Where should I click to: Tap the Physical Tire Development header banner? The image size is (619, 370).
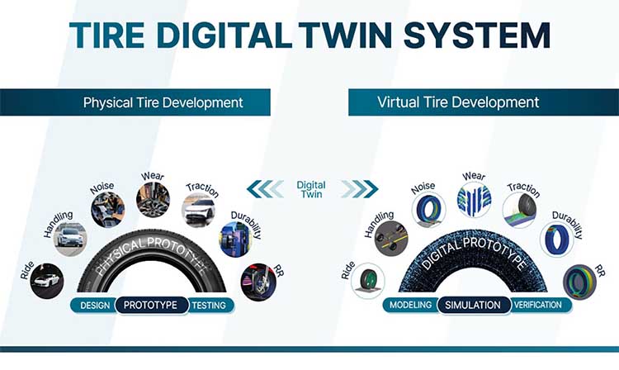(135, 102)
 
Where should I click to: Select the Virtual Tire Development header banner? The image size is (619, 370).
(484, 102)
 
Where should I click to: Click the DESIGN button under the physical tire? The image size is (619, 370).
(95, 306)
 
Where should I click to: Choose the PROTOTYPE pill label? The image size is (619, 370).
(151, 305)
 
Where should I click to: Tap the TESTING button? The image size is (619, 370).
(210, 306)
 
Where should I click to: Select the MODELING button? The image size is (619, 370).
(411, 305)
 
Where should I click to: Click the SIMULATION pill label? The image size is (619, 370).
(474, 305)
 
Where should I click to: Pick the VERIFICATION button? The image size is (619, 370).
(539, 305)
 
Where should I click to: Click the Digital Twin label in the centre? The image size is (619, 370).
(311, 189)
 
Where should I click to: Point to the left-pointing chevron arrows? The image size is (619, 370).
(265, 189)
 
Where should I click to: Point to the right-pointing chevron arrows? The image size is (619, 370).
(360, 189)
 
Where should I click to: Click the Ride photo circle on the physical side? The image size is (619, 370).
(47, 281)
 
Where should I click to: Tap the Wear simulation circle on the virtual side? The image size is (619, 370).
(474, 199)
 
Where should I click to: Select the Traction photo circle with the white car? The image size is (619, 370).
(199, 210)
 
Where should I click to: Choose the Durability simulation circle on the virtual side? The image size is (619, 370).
(556, 239)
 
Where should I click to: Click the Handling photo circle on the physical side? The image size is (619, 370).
(70, 239)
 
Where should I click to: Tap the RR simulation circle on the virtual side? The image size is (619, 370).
(579, 282)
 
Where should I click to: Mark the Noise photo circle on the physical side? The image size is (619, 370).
(108, 210)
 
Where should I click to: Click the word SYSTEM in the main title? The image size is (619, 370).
(476, 36)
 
